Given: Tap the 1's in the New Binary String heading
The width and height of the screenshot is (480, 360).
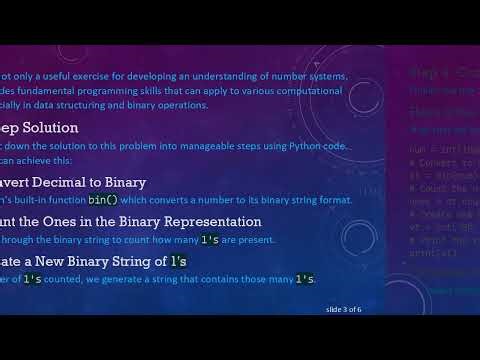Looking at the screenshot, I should tap(178, 261).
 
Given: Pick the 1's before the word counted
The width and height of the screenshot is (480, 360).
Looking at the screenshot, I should tap(35, 278).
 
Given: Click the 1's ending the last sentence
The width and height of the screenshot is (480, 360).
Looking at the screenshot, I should tap(305, 278).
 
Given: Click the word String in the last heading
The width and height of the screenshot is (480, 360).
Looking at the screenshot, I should tap(127, 261).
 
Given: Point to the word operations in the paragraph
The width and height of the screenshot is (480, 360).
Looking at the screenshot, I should tap(181, 105).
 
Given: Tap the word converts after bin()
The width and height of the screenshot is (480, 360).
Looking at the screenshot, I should tap(164, 199).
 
